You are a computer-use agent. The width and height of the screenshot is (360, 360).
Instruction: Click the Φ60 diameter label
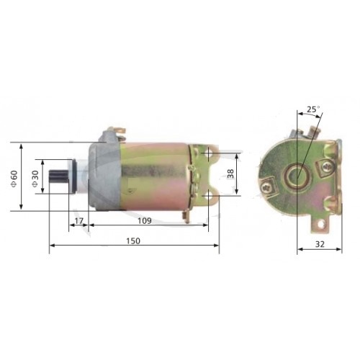14,179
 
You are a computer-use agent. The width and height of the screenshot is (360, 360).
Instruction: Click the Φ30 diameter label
35,179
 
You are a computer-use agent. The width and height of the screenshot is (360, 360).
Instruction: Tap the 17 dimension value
78,221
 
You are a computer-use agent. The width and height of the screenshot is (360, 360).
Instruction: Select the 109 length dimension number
145,221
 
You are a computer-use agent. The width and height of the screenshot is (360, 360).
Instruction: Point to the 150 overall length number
133,240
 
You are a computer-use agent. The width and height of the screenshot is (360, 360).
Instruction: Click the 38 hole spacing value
230,174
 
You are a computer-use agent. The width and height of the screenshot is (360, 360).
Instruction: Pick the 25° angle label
313,109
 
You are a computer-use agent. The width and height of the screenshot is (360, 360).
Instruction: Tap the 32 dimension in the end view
320,244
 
